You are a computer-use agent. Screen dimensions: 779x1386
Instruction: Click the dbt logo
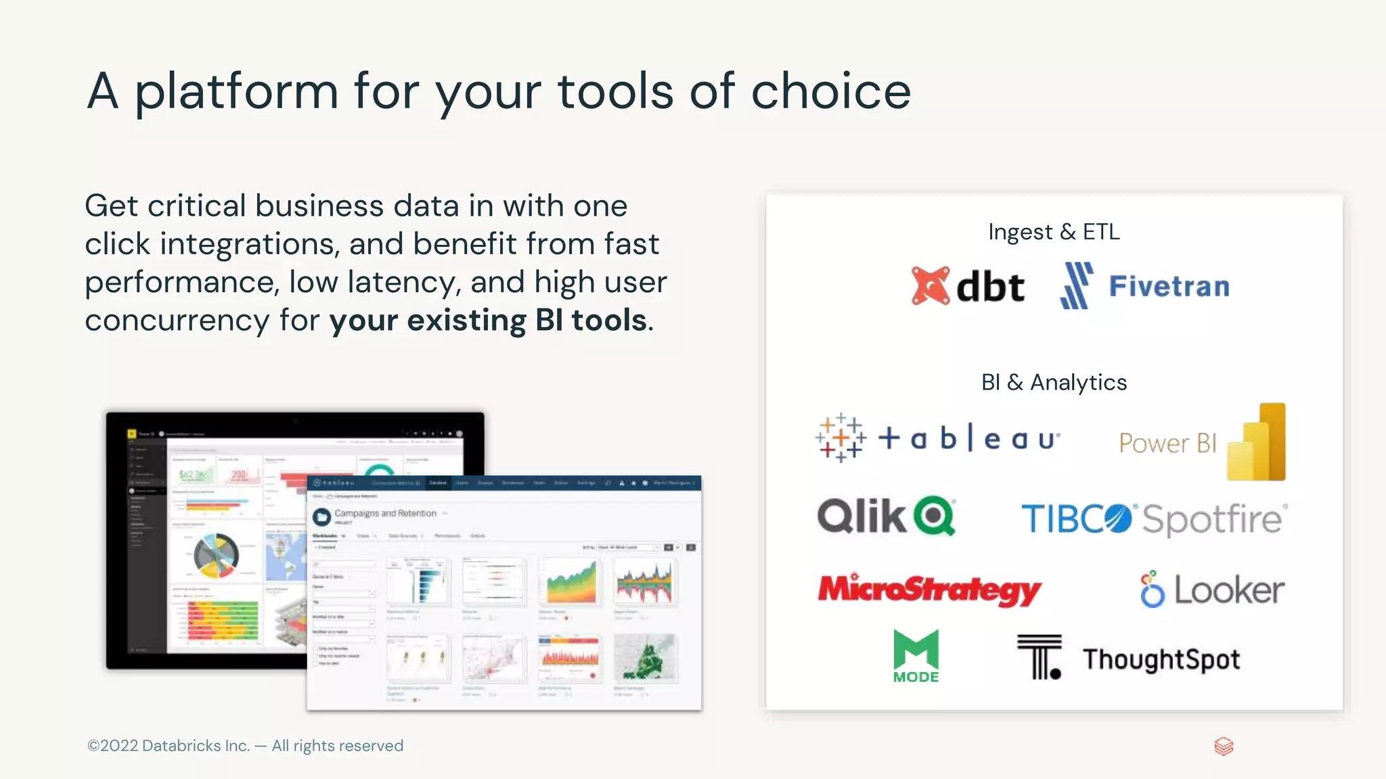(x=968, y=287)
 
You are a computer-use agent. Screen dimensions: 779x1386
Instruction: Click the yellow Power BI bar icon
(x=1257, y=442)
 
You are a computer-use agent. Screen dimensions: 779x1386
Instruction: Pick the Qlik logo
(x=886, y=517)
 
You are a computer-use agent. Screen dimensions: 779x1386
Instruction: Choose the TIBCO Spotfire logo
(x=1154, y=519)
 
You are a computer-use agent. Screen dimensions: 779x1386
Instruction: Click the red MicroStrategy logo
(x=929, y=590)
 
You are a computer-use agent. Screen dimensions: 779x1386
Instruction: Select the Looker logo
(x=1212, y=590)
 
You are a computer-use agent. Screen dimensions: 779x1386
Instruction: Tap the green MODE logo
(x=916, y=656)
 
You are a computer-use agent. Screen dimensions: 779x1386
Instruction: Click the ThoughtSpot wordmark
(x=1161, y=659)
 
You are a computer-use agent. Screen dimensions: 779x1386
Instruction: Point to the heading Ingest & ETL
(x=1054, y=232)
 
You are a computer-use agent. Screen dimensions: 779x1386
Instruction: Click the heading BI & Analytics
(x=1054, y=383)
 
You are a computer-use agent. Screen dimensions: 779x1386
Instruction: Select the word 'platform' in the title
(x=236, y=93)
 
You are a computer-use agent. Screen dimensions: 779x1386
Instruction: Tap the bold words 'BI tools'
(x=590, y=321)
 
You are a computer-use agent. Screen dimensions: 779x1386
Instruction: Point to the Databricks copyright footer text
(x=245, y=746)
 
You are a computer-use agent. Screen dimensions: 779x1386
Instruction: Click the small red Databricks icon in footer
(x=1224, y=747)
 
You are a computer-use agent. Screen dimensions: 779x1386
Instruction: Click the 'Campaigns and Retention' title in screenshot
(x=385, y=513)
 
